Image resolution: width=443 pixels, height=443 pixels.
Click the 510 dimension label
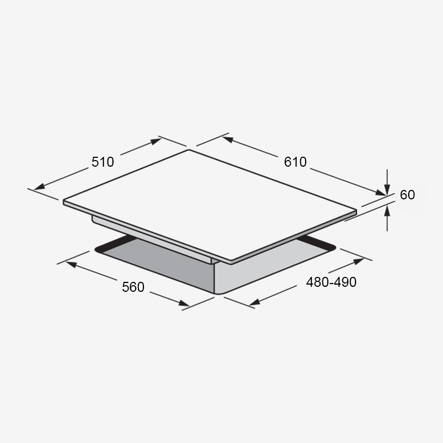102,162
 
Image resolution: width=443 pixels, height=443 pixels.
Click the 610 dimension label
295,162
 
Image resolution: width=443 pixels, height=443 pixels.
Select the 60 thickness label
408,195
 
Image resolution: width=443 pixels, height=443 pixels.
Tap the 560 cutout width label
133,287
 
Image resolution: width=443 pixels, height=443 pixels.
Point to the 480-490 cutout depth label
331,282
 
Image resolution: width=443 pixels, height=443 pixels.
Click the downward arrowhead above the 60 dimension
387,189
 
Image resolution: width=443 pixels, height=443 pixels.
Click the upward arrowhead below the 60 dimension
387,211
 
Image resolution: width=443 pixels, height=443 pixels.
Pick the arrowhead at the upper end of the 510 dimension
156,141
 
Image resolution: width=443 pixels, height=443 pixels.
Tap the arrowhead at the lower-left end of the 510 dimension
39,187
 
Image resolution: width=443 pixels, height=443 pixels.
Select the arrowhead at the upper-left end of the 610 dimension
228,140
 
